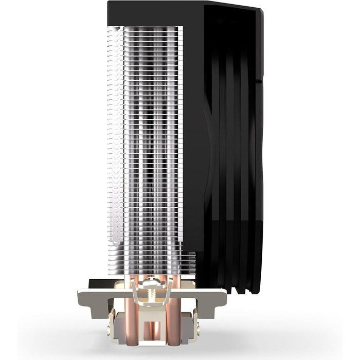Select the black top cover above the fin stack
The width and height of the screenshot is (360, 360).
pos(154,13)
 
